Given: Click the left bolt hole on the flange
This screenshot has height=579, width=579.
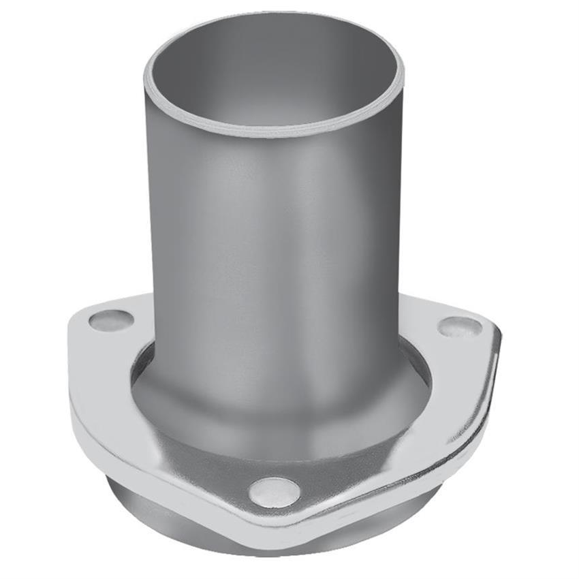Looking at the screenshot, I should tap(111, 320).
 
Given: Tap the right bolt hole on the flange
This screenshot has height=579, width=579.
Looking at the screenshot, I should tap(460, 326).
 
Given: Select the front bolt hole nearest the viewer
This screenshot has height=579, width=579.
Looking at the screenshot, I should tap(274, 492).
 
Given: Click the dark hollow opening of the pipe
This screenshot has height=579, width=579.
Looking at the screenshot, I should tap(272, 75).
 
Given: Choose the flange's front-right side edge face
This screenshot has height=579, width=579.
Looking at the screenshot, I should tap(409, 477).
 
